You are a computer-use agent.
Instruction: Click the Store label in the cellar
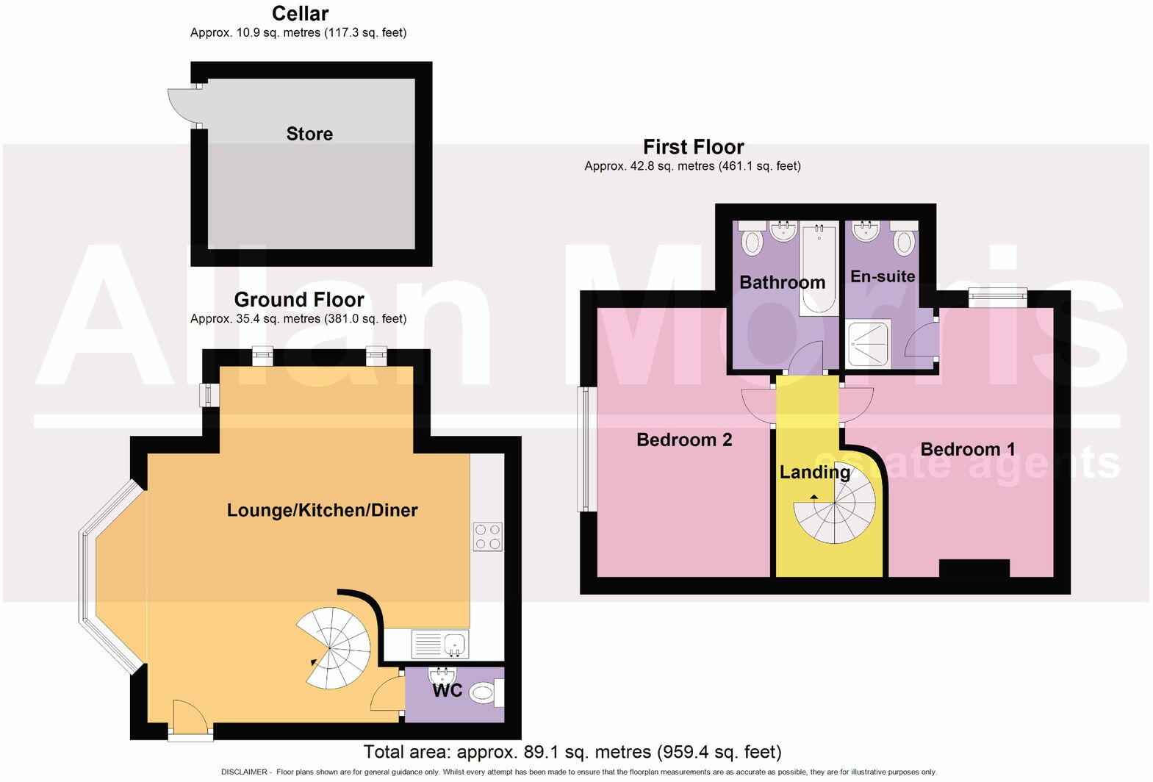pos(309,134)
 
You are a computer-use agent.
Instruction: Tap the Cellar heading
pos(300,13)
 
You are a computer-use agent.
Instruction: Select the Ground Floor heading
pos(299,299)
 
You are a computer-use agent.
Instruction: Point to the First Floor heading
pos(693,147)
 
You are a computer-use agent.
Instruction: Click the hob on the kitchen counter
pos(487,537)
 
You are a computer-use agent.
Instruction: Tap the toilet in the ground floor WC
pos(484,692)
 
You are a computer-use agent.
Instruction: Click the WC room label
pos(447,690)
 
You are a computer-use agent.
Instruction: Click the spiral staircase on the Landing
pos(836,510)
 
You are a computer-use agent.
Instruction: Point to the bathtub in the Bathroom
pos(819,268)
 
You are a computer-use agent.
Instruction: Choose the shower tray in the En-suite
pos(868,342)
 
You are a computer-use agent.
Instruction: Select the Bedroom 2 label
pos(684,440)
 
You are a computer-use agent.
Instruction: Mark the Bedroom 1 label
pos(968,449)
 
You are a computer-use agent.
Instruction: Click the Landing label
pos(814,472)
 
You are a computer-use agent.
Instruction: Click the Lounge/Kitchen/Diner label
pos(322,510)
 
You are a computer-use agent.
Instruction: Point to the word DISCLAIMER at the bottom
pos(244,772)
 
